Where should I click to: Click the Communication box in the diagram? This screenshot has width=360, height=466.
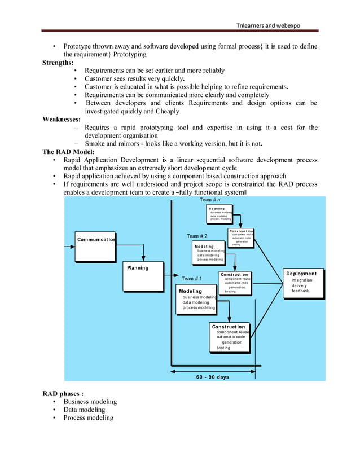pyautogui.click(x=95, y=247)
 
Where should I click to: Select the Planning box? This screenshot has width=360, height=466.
pyautogui.click(x=144, y=276)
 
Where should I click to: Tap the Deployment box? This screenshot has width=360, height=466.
pyautogui.click(x=303, y=283)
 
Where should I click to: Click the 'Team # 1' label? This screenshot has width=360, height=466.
pyautogui.click(x=192, y=279)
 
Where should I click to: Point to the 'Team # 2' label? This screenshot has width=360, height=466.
pyautogui.click(x=197, y=236)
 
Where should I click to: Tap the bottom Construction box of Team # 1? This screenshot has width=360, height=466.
pyautogui.click(x=229, y=337)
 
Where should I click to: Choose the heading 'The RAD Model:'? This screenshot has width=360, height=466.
pyautogui.click(x=68, y=152)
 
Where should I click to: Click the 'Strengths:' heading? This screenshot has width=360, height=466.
pyautogui.click(x=58, y=63)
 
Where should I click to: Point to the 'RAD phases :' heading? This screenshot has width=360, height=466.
pyautogui.click(x=63, y=393)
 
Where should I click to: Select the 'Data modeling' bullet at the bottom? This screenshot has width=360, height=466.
pyautogui.click(x=84, y=410)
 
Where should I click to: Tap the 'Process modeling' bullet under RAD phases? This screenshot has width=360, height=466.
pyautogui.click(x=88, y=418)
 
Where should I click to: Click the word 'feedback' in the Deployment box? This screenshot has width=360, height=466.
pyautogui.click(x=300, y=291)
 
